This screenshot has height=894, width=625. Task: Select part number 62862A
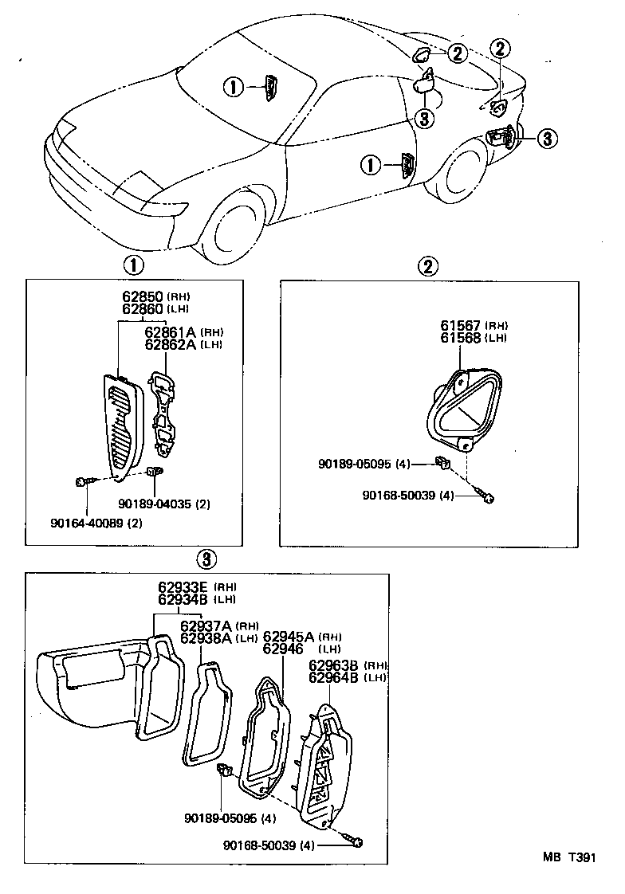[x=171, y=344]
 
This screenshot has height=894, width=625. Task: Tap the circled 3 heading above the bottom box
[x=206, y=559]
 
